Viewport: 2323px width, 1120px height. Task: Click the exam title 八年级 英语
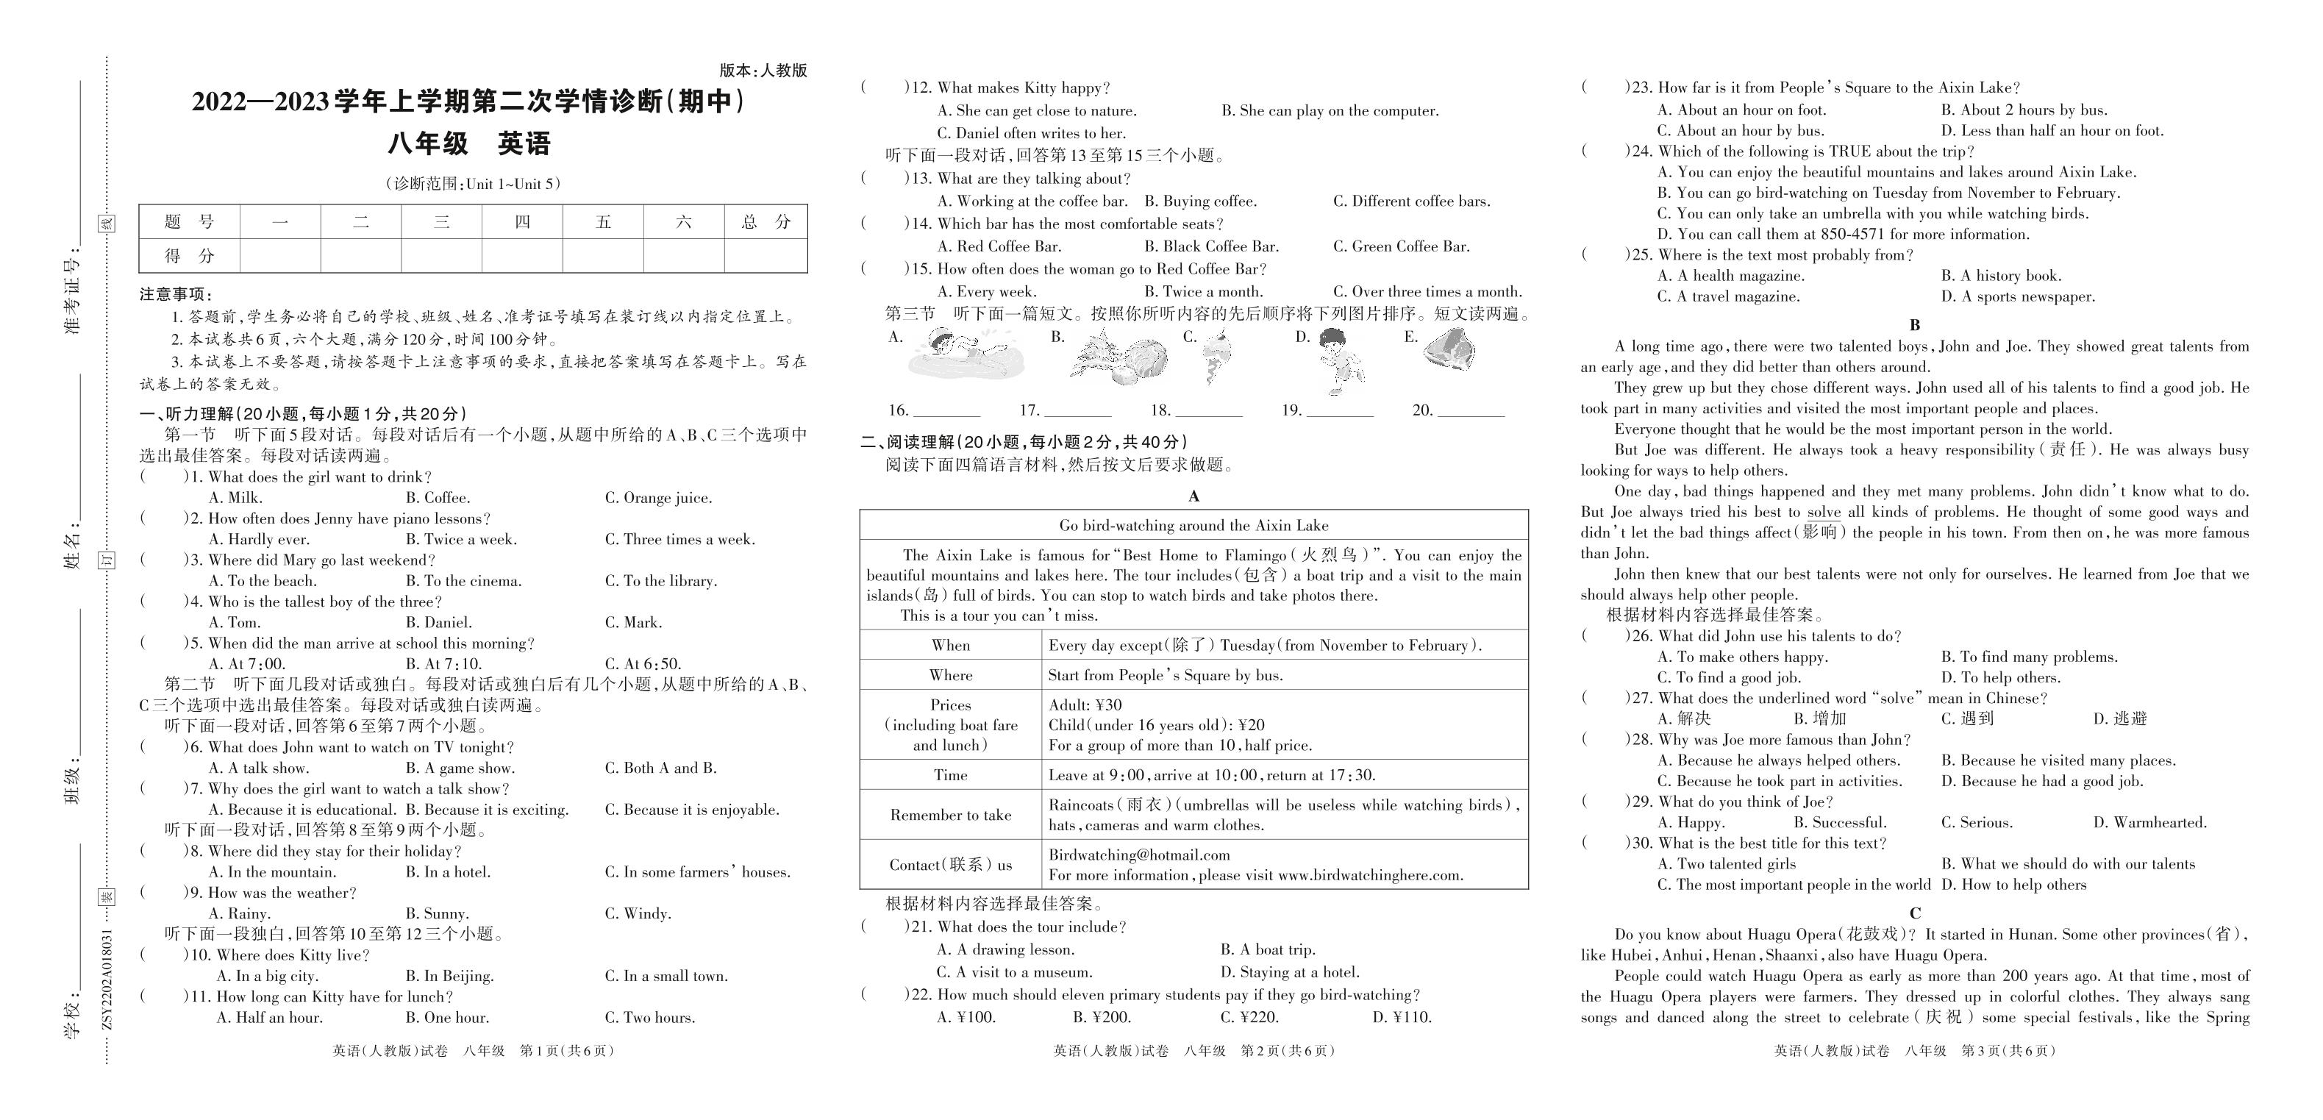point(469,144)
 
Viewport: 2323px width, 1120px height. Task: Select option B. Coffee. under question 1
point(438,498)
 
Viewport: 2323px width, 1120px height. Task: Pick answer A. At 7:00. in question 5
point(247,664)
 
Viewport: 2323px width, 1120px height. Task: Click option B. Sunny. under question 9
point(437,913)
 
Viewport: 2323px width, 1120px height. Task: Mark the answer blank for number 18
point(1208,411)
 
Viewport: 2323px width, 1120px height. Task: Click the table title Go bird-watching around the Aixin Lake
point(1193,526)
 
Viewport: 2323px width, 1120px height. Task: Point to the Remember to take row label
point(951,816)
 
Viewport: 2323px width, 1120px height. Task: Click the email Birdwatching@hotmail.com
point(1139,855)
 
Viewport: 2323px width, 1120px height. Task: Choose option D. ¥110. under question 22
point(1402,1018)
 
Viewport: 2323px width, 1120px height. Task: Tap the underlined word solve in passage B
point(1824,513)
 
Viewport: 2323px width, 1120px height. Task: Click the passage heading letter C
point(1914,913)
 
